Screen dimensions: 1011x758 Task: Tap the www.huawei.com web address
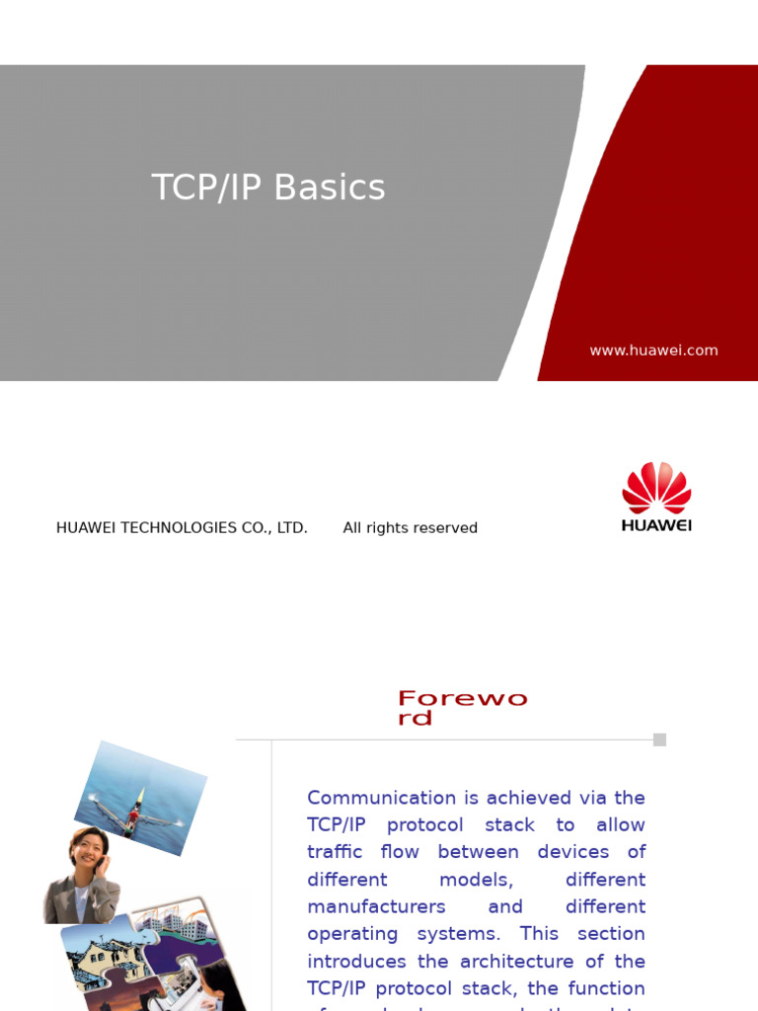coord(653,350)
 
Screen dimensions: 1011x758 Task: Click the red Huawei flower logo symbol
coord(656,488)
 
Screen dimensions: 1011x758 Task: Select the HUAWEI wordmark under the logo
coord(656,525)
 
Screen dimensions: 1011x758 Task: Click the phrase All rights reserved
coord(410,528)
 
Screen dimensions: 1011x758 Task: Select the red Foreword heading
coord(462,708)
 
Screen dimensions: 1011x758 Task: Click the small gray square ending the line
coord(659,739)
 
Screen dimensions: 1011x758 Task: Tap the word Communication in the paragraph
coord(382,798)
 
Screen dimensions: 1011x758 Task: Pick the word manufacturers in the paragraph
coord(376,906)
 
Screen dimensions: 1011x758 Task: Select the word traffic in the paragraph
coord(336,852)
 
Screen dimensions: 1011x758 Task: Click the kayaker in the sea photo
coord(138,802)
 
